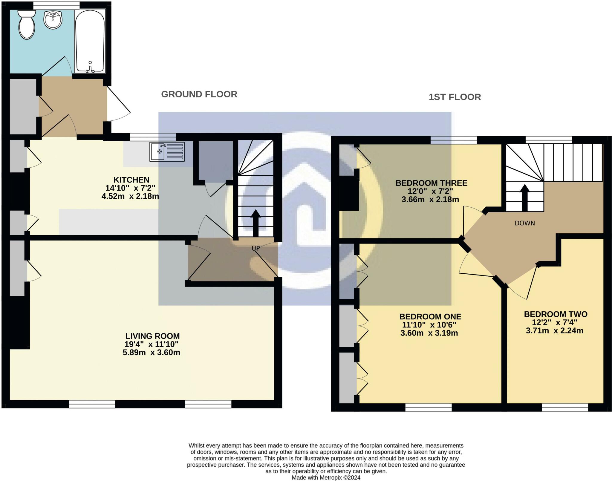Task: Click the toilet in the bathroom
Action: tap(27, 25)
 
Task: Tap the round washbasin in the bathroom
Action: tap(53, 20)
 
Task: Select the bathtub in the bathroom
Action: tap(90, 40)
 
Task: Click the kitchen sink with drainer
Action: tap(167, 152)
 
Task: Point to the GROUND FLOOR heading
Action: tap(199, 94)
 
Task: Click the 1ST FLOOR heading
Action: tap(455, 97)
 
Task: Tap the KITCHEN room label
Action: tap(131, 180)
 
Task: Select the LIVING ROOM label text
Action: tap(152, 336)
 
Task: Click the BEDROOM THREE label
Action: tap(431, 183)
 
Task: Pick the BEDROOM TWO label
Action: tap(556, 314)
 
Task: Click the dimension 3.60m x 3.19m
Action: tap(429, 333)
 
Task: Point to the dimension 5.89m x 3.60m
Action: tap(151, 353)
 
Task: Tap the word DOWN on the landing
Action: tap(525, 223)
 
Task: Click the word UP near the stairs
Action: tap(255, 248)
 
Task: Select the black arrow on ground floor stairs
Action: tap(255, 223)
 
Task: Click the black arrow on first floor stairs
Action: tap(525, 197)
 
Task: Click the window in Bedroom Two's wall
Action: tap(565, 408)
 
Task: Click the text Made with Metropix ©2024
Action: tap(326, 477)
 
